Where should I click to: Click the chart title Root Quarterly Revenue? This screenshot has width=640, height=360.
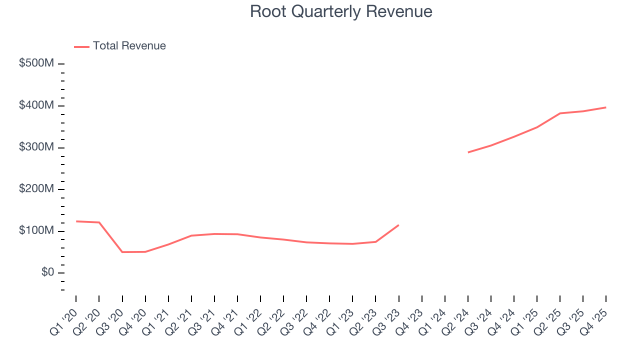pos(341,11)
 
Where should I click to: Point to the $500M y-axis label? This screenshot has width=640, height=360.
pos(36,64)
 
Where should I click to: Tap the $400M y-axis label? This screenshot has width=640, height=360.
pos(36,106)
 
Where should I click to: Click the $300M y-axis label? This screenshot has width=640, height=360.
pos(36,147)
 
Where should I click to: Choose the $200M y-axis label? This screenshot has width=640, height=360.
pos(36,189)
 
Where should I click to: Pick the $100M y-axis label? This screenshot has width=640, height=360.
pos(36,231)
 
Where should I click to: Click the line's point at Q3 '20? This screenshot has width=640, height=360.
pos(122,252)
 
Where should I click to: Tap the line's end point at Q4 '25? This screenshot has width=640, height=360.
pos(606,107)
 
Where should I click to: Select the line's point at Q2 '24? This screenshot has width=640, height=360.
pos(468,152)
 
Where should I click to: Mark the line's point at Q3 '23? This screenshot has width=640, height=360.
pos(398,225)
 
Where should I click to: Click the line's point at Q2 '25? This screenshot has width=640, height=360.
pos(560,113)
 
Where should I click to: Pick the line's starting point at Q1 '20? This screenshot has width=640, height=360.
pos(76,221)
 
